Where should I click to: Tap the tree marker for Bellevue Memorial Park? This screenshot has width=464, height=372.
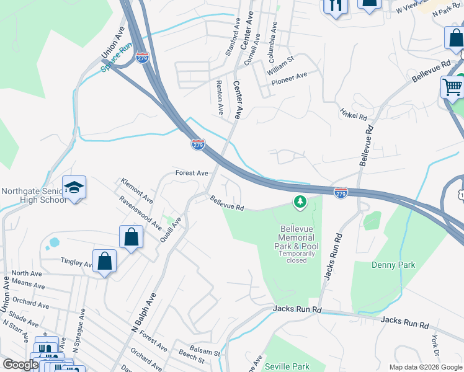300,202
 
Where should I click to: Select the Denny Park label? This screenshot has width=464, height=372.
393,265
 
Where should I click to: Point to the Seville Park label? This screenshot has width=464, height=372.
287,366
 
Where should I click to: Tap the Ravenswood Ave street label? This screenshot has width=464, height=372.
141,210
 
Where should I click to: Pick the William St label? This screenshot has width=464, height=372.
280,64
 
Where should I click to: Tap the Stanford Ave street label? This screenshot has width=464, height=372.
233,37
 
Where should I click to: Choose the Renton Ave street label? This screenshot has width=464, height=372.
220,97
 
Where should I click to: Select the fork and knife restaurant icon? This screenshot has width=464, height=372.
336,6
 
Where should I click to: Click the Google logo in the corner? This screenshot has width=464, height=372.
20,365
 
